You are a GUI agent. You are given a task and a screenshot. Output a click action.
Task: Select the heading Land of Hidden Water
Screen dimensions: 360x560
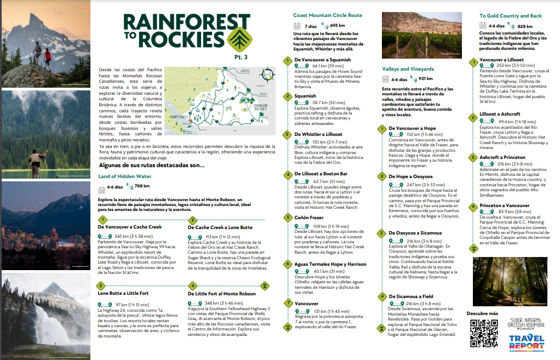pos(124,176)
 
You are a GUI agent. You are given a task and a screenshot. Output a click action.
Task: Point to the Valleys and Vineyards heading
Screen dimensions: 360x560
pos(408,69)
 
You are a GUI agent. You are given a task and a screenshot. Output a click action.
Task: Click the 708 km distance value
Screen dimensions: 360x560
pos(142,187)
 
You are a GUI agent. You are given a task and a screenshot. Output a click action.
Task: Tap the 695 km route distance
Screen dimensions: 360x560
pos(338,25)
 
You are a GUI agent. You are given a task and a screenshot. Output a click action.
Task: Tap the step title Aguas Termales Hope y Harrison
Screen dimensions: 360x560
pos(330,264)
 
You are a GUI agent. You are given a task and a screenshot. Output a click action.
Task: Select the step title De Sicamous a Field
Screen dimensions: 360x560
pos(411,296)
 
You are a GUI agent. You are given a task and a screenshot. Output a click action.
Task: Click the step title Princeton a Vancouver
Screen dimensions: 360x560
pos(504,205)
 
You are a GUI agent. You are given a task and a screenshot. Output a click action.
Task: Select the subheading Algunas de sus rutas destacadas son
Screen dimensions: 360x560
pos(152,165)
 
